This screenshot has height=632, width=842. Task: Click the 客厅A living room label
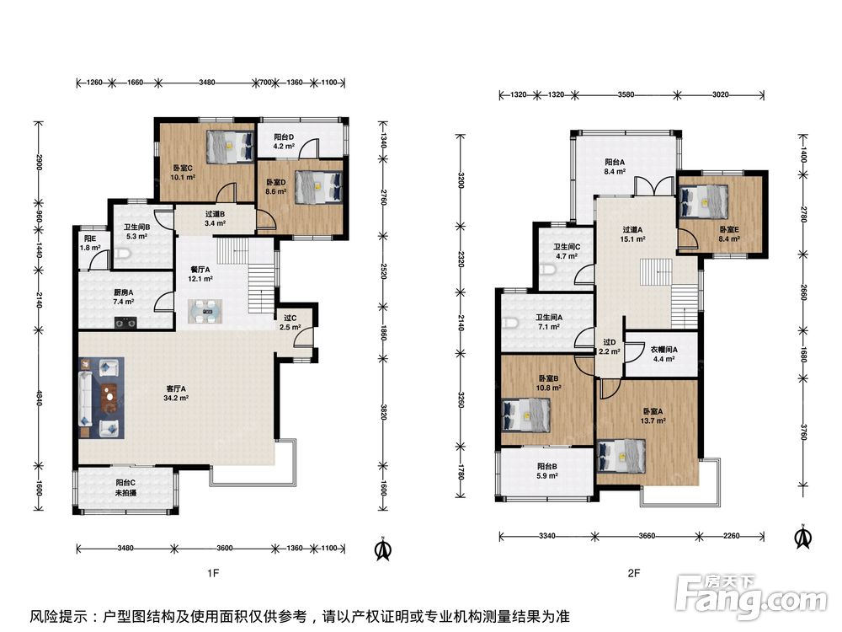[x=176, y=393]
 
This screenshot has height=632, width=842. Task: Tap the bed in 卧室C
[x=230, y=146]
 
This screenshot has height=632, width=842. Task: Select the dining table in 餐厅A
[x=205, y=312]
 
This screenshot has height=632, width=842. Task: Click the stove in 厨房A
[x=125, y=323]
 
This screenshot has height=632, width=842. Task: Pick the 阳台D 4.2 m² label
[x=284, y=142]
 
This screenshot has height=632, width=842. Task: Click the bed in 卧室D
[x=318, y=187]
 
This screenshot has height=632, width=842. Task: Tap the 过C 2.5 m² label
[x=290, y=323]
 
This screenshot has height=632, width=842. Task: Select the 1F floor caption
[x=213, y=573]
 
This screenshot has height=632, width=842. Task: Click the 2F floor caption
[x=634, y=573]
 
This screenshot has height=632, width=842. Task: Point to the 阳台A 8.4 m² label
[x=615, y=167]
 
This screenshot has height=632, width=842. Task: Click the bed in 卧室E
[x=703, y=201]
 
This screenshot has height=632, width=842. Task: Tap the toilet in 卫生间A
[x=509, y=323]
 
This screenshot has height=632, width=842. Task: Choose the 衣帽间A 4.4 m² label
[x=663, y=354]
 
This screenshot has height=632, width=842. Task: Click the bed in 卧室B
[x=526, y=415]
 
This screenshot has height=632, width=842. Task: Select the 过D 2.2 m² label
[x=610, y=346]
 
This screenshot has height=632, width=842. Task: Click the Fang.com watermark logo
[x=751, y=596]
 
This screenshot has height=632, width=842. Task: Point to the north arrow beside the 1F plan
[x=383, y=549]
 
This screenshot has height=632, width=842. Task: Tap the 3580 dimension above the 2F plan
[x=626, y=94]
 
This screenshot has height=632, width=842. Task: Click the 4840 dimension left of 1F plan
[x=38, y=397]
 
